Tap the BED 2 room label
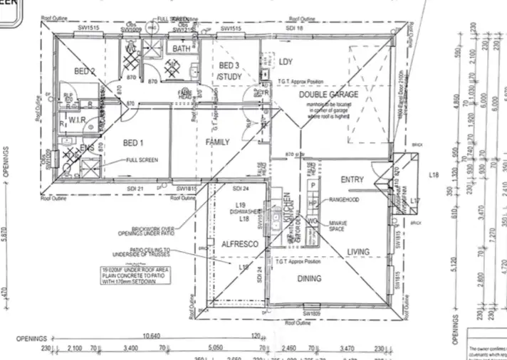point(84,71)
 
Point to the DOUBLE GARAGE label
point(328,94)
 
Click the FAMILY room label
point(218,142)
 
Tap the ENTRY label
point(352,179)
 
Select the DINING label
point(309,278)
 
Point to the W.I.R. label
point(77,121)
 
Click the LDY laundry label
point(286,62)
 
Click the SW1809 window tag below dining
point(310,313)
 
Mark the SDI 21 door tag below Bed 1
point(135,188)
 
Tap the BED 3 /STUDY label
point(230,70)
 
